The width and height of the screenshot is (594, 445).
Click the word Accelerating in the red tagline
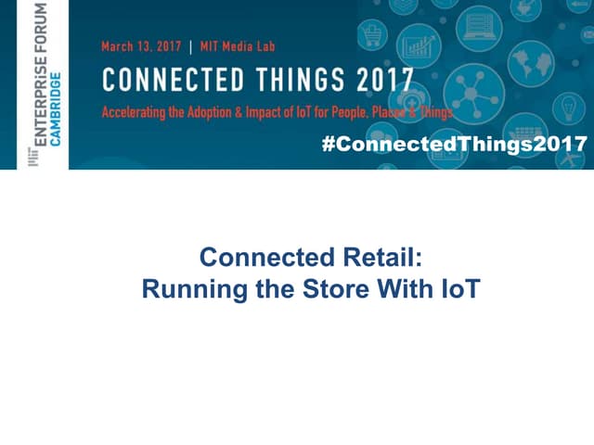140,113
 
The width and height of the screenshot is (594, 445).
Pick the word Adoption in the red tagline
225,113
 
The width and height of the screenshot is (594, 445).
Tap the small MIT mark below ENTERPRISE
35,159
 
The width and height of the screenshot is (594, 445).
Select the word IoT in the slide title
454,288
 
